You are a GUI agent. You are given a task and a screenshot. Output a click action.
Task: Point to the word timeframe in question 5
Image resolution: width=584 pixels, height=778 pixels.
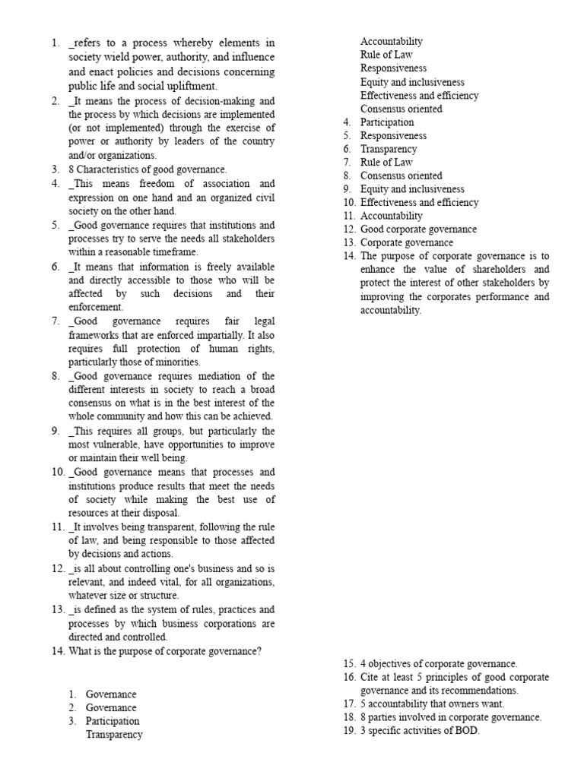173,251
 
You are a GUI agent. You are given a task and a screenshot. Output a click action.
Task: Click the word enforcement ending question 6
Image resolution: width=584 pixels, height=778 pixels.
96,307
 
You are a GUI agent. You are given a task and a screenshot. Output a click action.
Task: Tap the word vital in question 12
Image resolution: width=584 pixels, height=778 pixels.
180,582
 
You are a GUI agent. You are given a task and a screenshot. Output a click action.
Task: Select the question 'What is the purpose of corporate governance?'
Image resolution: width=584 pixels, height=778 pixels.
165,650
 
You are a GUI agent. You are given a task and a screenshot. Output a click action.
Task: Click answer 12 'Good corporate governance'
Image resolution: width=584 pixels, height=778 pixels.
418,229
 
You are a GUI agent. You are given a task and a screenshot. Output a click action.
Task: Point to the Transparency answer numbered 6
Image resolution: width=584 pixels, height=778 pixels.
389,149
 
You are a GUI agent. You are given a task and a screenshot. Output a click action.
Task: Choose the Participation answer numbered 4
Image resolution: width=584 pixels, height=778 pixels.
387,122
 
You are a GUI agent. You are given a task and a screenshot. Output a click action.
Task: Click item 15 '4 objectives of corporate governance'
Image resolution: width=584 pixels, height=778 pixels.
439,663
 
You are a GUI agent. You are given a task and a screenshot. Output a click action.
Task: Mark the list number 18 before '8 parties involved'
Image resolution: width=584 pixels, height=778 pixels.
349,718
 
